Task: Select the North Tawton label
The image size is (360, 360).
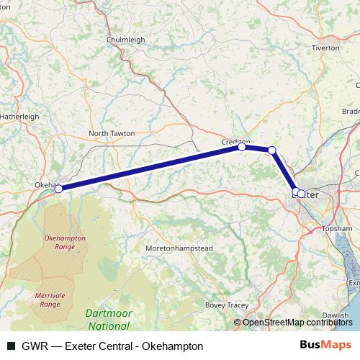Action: coord(112,133)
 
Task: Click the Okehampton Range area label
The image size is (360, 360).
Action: coord(65,241)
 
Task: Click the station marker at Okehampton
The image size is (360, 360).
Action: coord(59,189)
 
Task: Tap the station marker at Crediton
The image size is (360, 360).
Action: coord(243,147)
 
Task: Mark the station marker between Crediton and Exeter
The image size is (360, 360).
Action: coord(272,150)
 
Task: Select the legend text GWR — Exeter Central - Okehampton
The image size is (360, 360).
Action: coord(106,346)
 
